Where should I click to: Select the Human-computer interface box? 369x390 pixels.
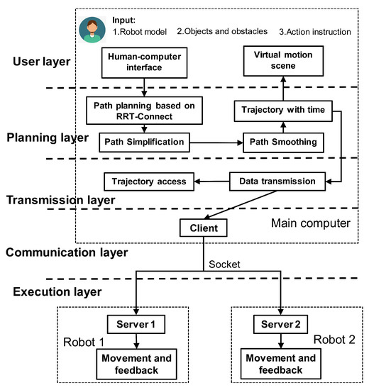[x=144, y=61]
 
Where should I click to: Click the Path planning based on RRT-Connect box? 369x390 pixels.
[x=145, y=110]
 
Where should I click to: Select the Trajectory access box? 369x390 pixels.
[x=149, y=182]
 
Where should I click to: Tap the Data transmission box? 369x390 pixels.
[x=273, y=182]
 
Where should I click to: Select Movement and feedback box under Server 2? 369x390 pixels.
[x=282, y=364]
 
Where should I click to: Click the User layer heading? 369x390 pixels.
[x=40, y=62]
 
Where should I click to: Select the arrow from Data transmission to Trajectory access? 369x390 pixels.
[x=210, y=182]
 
